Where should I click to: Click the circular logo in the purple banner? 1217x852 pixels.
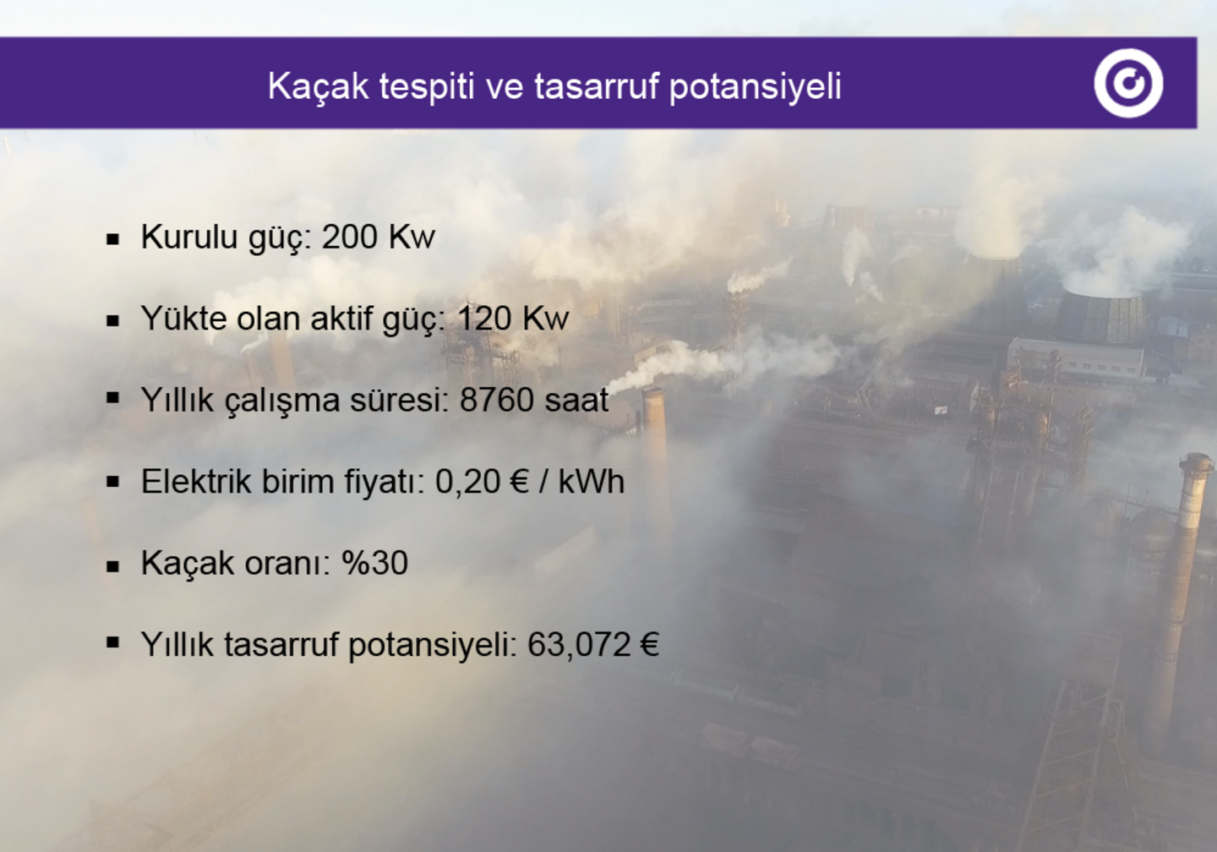(1128, 83)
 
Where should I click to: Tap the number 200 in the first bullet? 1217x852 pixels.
(350, 237)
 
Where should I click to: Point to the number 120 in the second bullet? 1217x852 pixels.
(484, 319)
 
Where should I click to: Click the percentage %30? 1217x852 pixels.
(374, 563)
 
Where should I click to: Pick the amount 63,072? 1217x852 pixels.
(579, 645)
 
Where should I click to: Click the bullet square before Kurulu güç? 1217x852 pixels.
(113, 239)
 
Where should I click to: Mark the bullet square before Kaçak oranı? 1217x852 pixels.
(113, 565)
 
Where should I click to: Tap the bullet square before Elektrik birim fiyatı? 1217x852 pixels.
(113, 483)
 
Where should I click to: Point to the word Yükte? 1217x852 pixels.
(183, 319)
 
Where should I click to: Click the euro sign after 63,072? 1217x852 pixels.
(650, 645)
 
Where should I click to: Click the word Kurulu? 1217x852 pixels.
(189, 237)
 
